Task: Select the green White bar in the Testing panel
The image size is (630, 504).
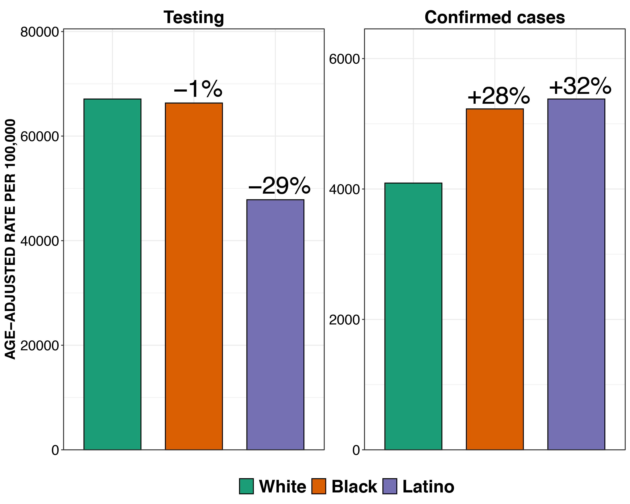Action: (113, 275)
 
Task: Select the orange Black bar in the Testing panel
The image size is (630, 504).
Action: (194, 276)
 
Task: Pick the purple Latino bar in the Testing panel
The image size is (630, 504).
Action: (275, 324)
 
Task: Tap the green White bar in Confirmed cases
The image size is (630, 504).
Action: (413, 316)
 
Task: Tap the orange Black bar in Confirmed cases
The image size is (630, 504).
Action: (495, 279)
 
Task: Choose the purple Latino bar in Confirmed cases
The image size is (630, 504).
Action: (576, 275)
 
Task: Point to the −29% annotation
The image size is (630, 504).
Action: (279, 186)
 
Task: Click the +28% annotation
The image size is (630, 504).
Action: (499, 96)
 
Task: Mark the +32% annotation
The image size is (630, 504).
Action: (580, 87)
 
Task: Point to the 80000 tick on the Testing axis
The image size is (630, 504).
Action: (40, 32)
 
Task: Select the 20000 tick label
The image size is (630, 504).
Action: (40, 345)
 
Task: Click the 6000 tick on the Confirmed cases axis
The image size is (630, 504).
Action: (344, 59)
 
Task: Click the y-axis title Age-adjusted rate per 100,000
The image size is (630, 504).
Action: (10, 239)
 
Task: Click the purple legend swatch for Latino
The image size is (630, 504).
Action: (390, 486)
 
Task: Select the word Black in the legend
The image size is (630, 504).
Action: (354, 487)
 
